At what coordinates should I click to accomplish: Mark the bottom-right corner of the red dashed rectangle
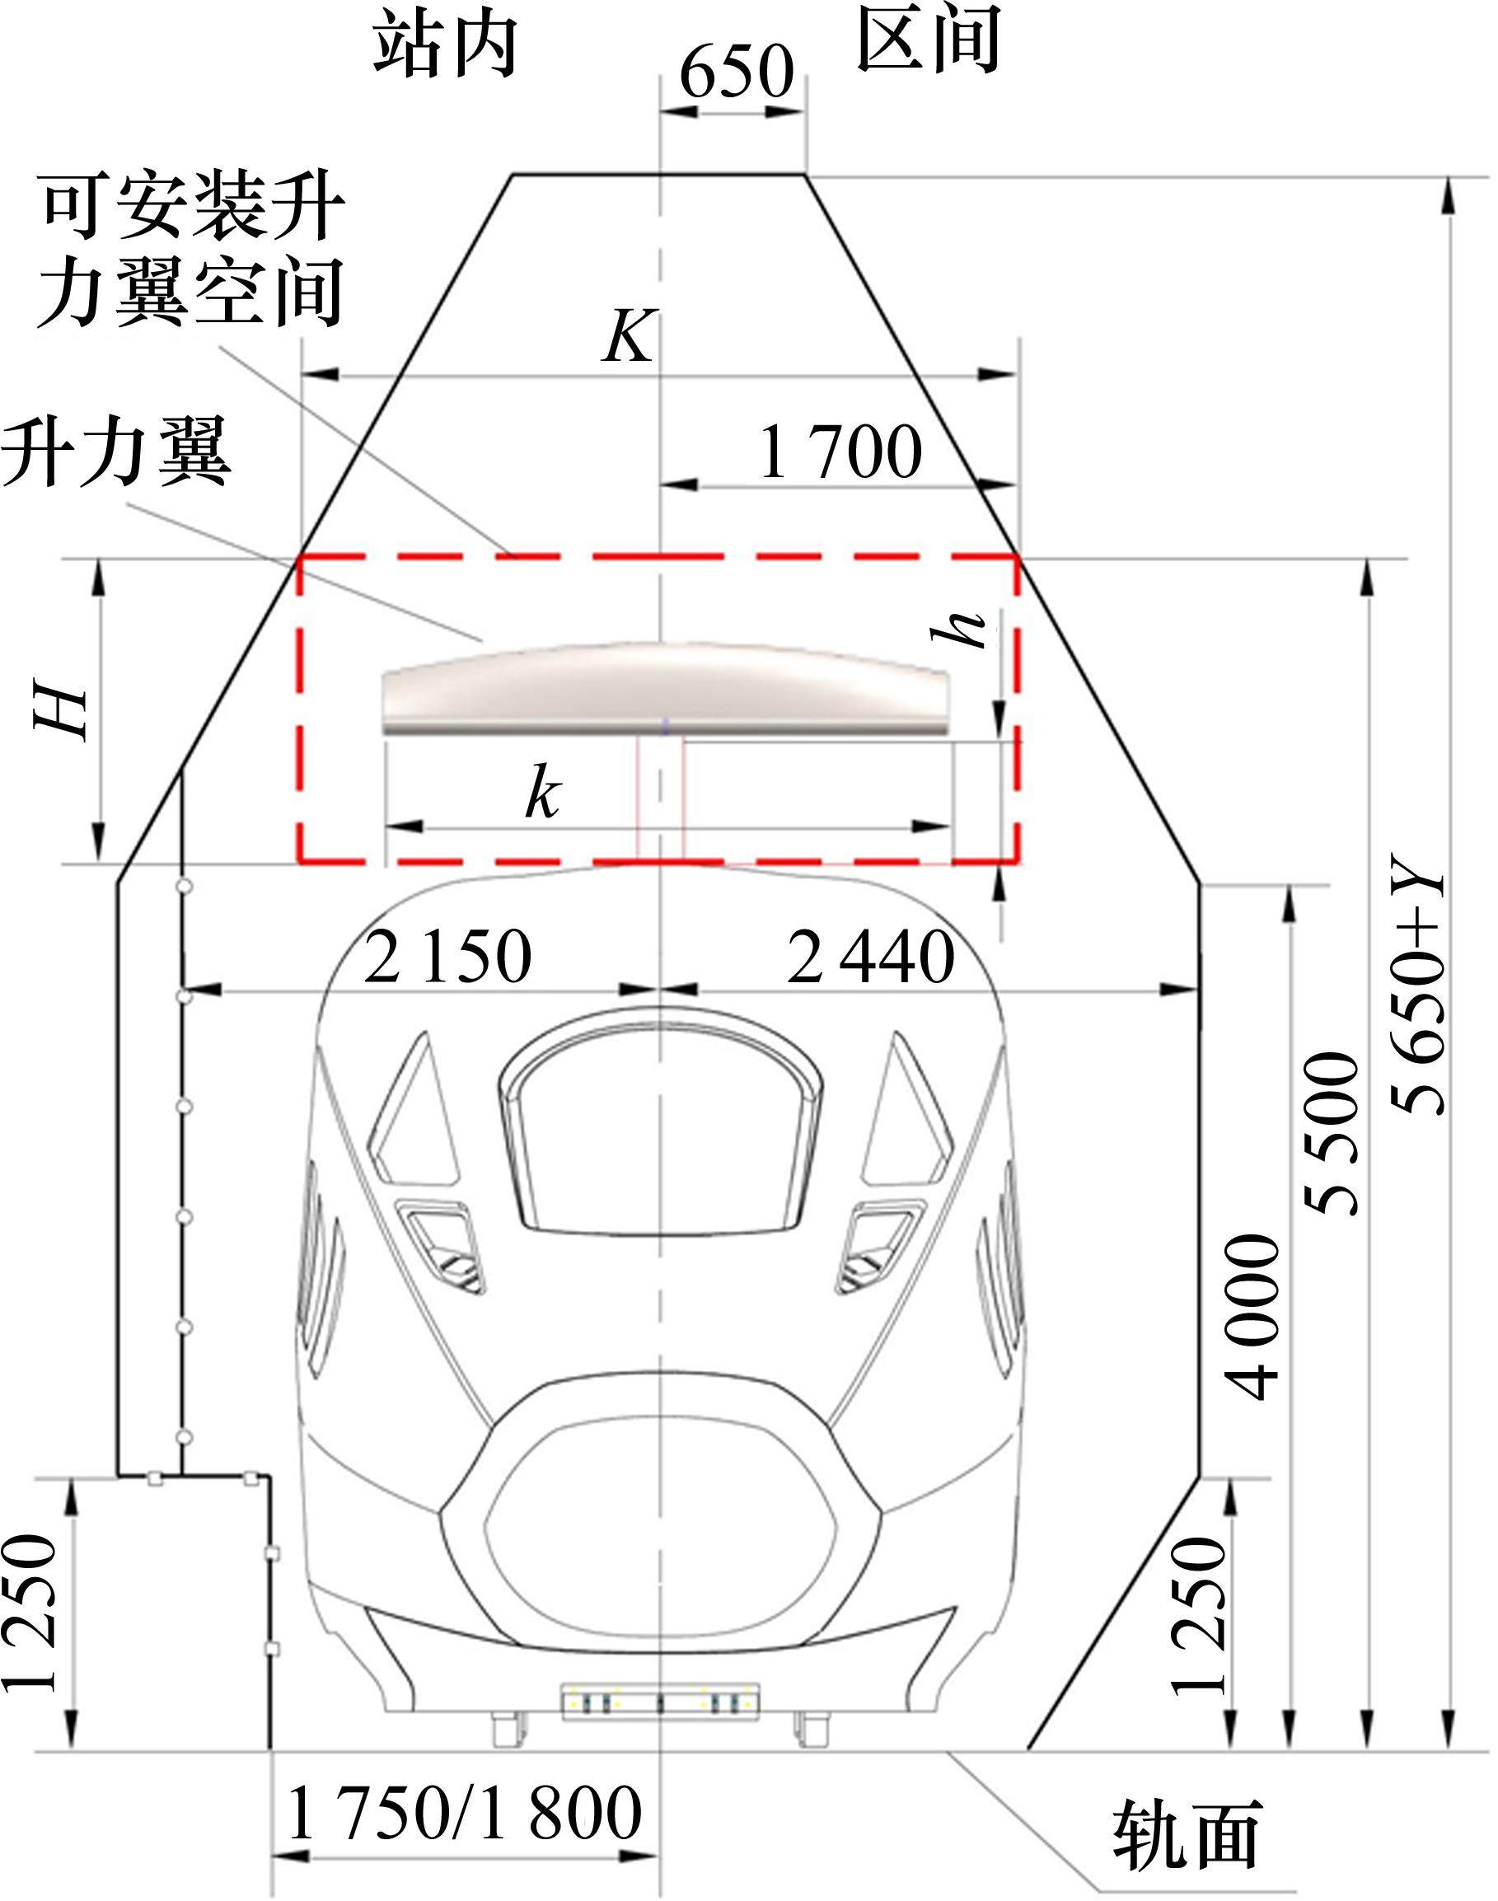(1018, 862)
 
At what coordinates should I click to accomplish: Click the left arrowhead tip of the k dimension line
(386, 826)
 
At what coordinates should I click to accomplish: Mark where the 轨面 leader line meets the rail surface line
(952, 1751)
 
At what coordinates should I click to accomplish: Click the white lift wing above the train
(666, 687)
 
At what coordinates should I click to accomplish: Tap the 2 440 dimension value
(871, 957)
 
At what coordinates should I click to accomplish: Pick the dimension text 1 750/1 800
(464, 1814)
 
